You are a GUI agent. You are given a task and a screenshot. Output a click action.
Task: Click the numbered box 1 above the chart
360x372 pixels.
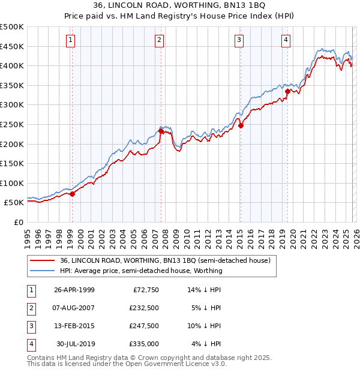pos(71,40)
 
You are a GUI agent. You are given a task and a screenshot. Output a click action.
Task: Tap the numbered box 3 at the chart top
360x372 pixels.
pos(239,40)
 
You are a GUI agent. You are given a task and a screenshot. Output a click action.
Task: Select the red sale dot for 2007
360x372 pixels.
pos(161,131)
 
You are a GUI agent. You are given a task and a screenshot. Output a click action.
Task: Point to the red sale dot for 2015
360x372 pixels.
pos(240,125)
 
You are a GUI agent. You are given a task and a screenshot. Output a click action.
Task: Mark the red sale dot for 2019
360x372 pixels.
pos(287,91)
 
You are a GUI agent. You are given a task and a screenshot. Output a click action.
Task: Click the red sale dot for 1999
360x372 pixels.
pos(73,194)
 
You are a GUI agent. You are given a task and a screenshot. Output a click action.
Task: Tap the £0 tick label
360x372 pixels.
pos(17,222)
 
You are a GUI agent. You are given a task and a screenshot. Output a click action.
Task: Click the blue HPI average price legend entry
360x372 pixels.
pos(141,271)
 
